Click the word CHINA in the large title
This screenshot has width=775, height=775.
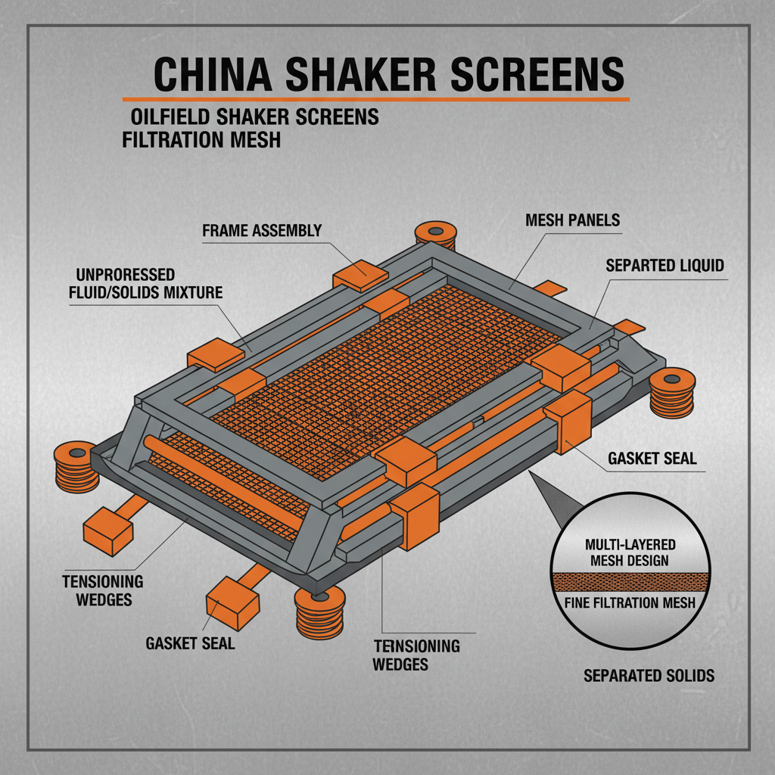(213, 73)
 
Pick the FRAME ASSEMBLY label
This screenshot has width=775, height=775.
(262, 231)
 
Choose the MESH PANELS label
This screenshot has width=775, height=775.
(572, 220)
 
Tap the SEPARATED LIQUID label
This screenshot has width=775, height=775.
(665, 266)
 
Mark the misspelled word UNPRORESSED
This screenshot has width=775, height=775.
(126, 274)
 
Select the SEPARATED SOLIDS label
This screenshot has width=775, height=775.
(649, 675)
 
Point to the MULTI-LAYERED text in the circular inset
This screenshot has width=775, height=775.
(630, 545)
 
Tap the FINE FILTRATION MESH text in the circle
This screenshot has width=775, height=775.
(630, 603)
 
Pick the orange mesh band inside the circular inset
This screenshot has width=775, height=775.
(630, 582)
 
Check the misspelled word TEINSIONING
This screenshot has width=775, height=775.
(417, 646)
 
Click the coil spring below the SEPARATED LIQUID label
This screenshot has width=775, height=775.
(672, 394)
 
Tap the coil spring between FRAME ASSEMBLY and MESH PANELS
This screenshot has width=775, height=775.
(435, 235)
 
